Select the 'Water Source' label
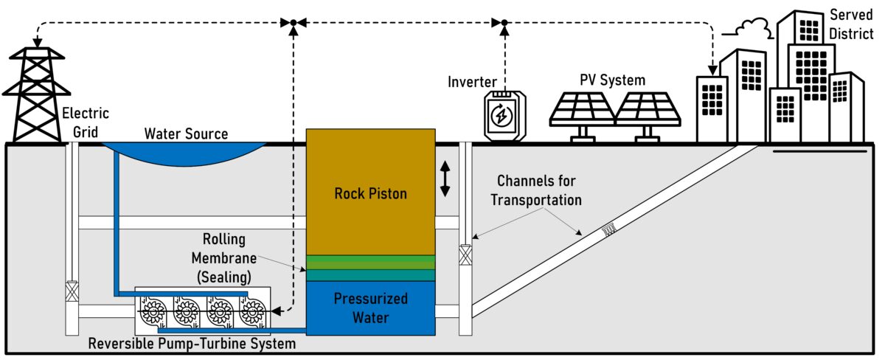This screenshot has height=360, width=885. pos(186,134)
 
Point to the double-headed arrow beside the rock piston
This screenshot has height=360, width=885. pos(445,179)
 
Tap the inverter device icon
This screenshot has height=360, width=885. pos(501,115)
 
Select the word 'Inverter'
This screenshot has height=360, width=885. pos(472,82)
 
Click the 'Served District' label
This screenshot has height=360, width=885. pos(850,24)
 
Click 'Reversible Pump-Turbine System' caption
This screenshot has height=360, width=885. pos(192,344)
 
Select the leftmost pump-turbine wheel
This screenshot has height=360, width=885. pos(153,313)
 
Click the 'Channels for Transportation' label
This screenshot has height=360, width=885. pos(536,190)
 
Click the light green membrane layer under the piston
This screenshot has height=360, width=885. pos(371,262)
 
